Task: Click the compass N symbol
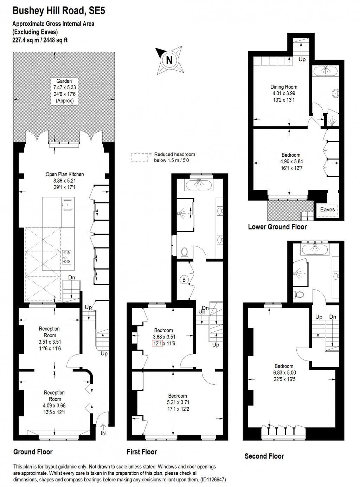169,60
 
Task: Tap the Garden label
64,81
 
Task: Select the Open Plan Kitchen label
65,174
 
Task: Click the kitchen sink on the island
67,204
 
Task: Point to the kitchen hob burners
66,257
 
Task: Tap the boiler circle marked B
184,280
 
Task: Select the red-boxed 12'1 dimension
157,343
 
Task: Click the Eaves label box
327,210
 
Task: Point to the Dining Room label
284,87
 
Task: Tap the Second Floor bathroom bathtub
315,250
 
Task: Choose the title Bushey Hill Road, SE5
59,11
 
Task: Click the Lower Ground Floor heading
277,227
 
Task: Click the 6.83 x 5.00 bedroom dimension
284,373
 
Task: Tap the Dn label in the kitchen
72,278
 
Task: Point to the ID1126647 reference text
213,479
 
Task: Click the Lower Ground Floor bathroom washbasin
335,93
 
